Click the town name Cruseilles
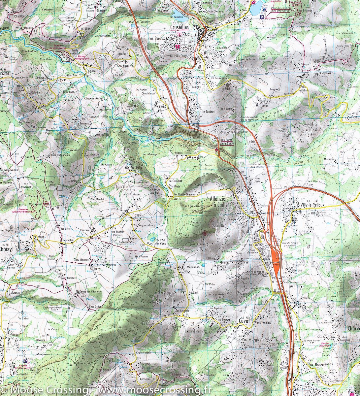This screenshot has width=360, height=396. coord(179,27)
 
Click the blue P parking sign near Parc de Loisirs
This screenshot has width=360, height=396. coord(262,17)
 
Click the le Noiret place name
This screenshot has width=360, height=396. coord(209,112)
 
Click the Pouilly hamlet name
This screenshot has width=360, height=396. coord(245,279)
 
